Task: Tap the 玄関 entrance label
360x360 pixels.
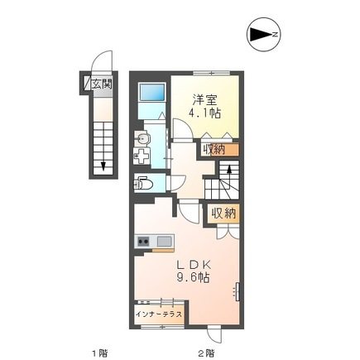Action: pyautogui.click(x=101, y=83)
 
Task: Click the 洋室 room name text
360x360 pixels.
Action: pyautogui.click(x=208, y=95)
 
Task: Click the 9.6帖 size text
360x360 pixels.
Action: pyautogui.click(x=192, y=277)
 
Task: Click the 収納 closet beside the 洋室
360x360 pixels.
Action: pyautogui.click(x=216, y=150)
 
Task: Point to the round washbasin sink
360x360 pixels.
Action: pyautogui.click(x=142, y=137)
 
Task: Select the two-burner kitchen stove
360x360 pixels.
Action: pyautogui.click(x=142, y=242)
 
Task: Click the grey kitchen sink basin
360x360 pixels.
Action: pyautogui.click(x=162, y=242)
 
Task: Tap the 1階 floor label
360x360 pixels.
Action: pyautogui.click(x=100, y=353)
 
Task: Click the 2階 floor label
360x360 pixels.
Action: pyautogui.click(x=206, y=353)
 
